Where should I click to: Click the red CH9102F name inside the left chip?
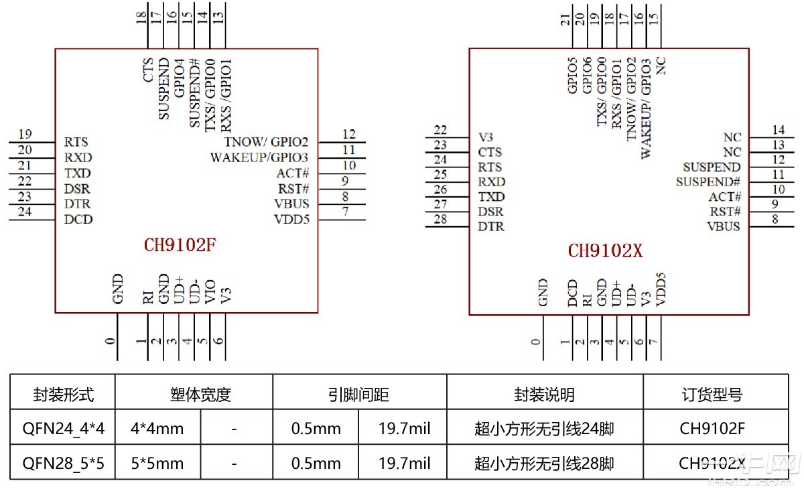tap(180, 245)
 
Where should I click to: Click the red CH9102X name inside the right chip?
tap(606, 251)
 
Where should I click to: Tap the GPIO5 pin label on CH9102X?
tap(572, 76)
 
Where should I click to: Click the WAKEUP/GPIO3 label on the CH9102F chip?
tap(259, 158)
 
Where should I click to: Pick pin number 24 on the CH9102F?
tap(25, 212)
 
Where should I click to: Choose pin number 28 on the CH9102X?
tap(440, 220)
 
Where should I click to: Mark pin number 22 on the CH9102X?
tap(440, 130)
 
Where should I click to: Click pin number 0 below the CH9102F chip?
tap(111, 341)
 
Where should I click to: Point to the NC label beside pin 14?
tap(732, 137)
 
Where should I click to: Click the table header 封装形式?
tap(63, 395)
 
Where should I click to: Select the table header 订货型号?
tap(716, 395)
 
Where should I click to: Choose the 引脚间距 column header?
tap(359, 395)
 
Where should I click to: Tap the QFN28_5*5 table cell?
tap(63, 463)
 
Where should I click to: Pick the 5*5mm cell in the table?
tap(157, 463)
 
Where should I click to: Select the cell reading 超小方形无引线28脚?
tap(544, 463)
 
